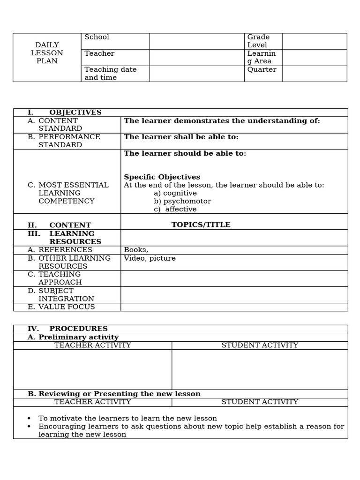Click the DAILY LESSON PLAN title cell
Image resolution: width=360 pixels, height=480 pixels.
pos(47,53)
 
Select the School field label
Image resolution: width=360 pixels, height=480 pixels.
pos(97,37)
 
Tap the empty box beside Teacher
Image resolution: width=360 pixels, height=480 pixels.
pos(196,57)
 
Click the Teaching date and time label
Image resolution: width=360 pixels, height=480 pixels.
pos(111,74)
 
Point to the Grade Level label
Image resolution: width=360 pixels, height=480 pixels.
pos(258,41)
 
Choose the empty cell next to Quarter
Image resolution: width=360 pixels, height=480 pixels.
pos(314,74)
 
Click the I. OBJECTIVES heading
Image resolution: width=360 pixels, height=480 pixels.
pos(65,112)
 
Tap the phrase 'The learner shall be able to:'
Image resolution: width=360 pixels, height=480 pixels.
pos(181,137)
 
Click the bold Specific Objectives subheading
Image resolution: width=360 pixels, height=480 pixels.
pos(162,177)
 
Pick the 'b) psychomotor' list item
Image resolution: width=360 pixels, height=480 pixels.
pos(182,201)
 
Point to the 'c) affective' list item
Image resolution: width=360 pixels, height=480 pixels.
pos(175,209)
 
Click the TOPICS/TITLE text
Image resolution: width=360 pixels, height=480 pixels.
pos(201,225)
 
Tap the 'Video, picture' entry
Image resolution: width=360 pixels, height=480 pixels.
pos(150,258)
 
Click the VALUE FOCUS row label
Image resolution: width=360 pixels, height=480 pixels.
pos(66,307)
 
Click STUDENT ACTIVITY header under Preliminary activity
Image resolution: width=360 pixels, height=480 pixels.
pos(260,345)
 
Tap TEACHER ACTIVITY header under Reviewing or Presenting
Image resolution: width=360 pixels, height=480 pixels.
pos(93,402)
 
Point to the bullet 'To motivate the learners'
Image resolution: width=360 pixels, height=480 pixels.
pos(127,419)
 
